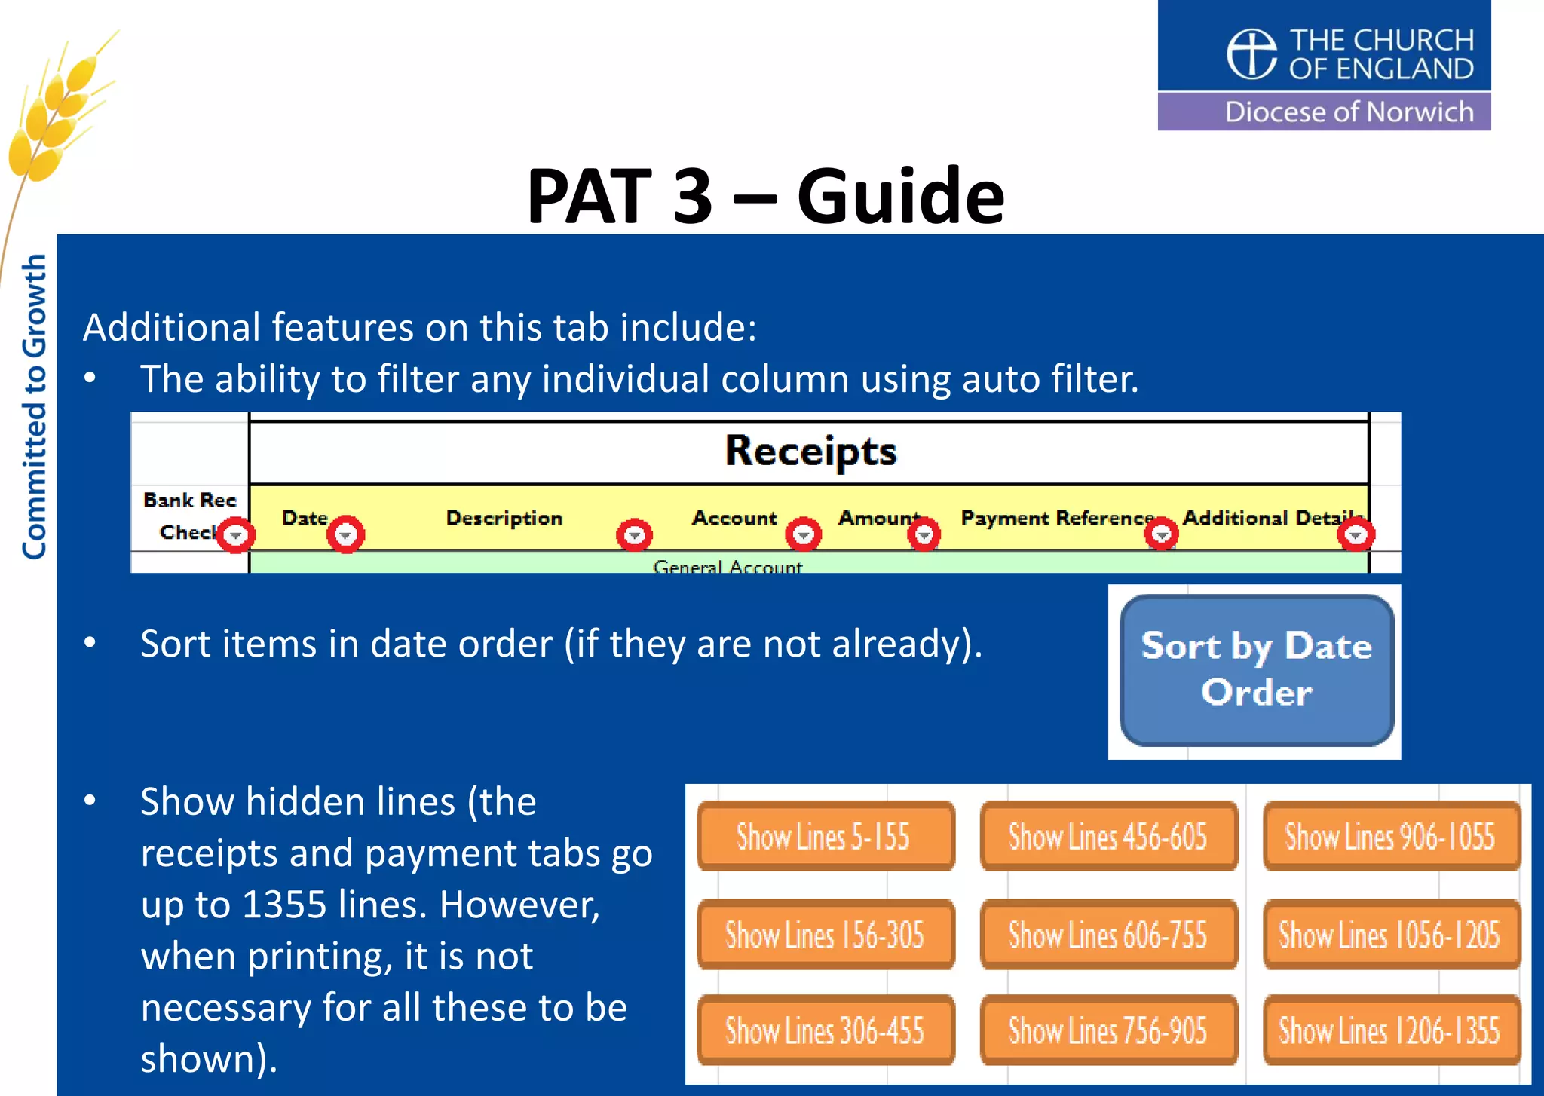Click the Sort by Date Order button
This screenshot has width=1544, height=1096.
tap(1257, 670)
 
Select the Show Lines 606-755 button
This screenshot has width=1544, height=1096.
tap(1108, 935)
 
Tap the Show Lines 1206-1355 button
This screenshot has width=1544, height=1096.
tap(1391, 1030)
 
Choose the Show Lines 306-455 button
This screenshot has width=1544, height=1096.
tap(825, 1030)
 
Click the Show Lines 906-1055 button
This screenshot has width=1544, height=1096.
tap(1391, 837)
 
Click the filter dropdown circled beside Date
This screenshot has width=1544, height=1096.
tap(346, 535)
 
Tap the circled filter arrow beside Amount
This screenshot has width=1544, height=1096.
tap(924, 535)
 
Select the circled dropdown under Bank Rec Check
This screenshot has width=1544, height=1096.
tap(237, 535)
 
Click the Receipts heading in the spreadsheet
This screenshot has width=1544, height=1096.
tap(810, 451)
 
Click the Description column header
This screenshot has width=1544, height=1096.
tap(504, 518)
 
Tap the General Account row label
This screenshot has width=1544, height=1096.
tap(728, 566)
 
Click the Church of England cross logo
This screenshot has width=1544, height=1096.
tap(1251, 54)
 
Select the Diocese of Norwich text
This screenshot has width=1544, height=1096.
tap(1349, 112)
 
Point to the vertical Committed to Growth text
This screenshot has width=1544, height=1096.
tap(34, 407)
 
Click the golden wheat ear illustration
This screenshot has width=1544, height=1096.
tap(57, 113)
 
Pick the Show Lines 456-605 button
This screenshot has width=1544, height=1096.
tap(1108, 837)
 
